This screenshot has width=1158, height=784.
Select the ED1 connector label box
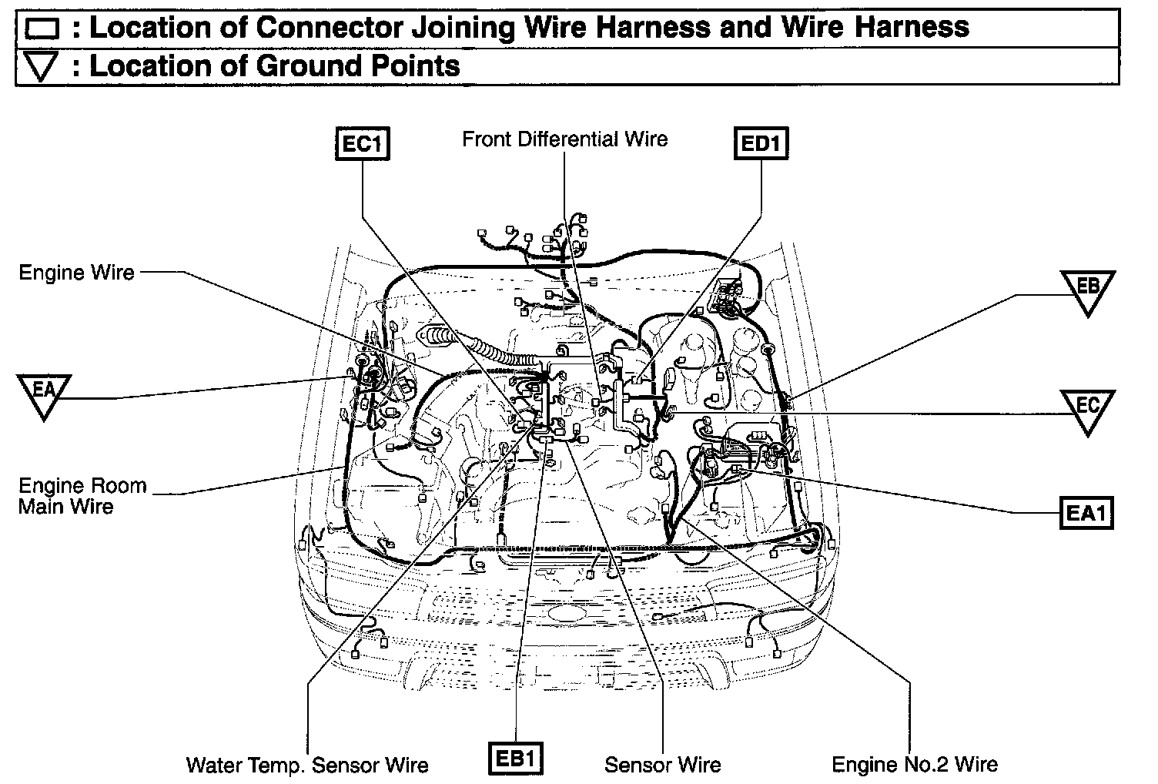(x=761, y=144)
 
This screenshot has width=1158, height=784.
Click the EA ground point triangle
(x=44, y=393)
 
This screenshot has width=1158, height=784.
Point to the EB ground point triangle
(x=1087, y=290)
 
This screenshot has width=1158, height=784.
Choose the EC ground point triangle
(x=1087, y=409)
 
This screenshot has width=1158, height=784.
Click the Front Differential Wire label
(x=564, y=139)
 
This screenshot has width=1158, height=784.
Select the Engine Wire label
(x=76, y=273)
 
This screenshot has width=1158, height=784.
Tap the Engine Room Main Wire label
(x=82, y=496)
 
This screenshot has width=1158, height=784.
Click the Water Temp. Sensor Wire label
(x=307, y=766)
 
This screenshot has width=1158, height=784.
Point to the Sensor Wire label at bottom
(x=662, y=766)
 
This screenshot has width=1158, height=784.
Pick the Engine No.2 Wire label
(x=915, y=765)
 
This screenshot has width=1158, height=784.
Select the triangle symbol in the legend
(x=42, y=68)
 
